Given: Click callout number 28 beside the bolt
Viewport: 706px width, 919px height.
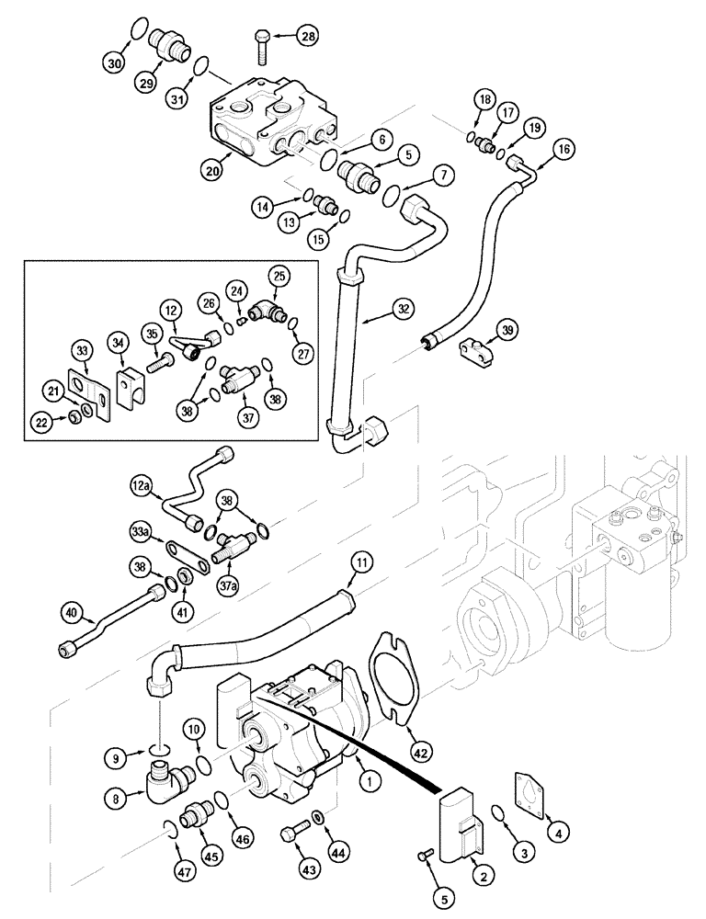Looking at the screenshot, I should tap(305, 37).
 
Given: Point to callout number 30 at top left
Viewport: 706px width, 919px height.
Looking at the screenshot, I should tap(114, 63).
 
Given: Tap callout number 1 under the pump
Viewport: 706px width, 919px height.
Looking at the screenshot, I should tap(368, 781).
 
